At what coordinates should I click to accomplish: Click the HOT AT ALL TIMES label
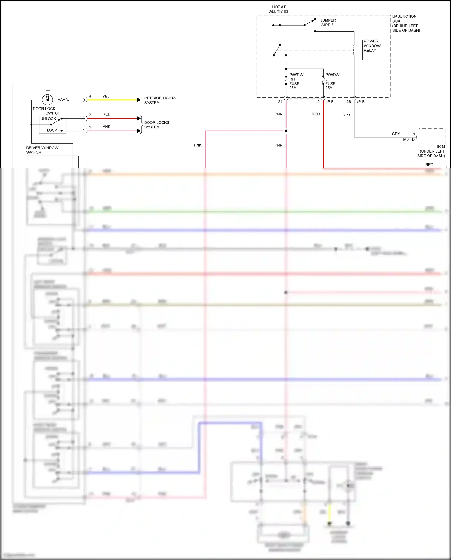coord(279,9)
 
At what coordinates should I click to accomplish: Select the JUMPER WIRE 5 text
coord(328,23)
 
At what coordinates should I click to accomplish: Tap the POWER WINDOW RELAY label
coord(372,46)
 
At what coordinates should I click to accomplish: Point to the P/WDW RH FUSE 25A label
coord(296,81)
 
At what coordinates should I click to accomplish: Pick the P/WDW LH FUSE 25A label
coord(332,81)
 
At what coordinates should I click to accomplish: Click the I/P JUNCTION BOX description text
coord(406,23)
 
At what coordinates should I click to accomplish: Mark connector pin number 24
coord(280,102)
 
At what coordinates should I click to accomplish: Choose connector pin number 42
coord(318,102)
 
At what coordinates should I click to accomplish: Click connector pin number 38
coord(348,102)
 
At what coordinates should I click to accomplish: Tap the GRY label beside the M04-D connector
coord(396,134)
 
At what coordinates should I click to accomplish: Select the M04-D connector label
coord(409,140)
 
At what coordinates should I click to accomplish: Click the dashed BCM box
coord(432,136)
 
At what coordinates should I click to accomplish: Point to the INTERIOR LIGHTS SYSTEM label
coord(160,100)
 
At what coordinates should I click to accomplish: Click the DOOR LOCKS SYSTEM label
coord(156,125)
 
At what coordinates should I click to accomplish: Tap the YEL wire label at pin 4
coord(106,97)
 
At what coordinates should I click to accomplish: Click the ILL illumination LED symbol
coord(47,100)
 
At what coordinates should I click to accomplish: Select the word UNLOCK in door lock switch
coord(48,119)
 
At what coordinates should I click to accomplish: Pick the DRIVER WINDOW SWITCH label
coord(42,150)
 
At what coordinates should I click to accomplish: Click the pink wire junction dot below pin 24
coord(286,131)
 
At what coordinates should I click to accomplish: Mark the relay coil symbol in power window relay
coord(354,50)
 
